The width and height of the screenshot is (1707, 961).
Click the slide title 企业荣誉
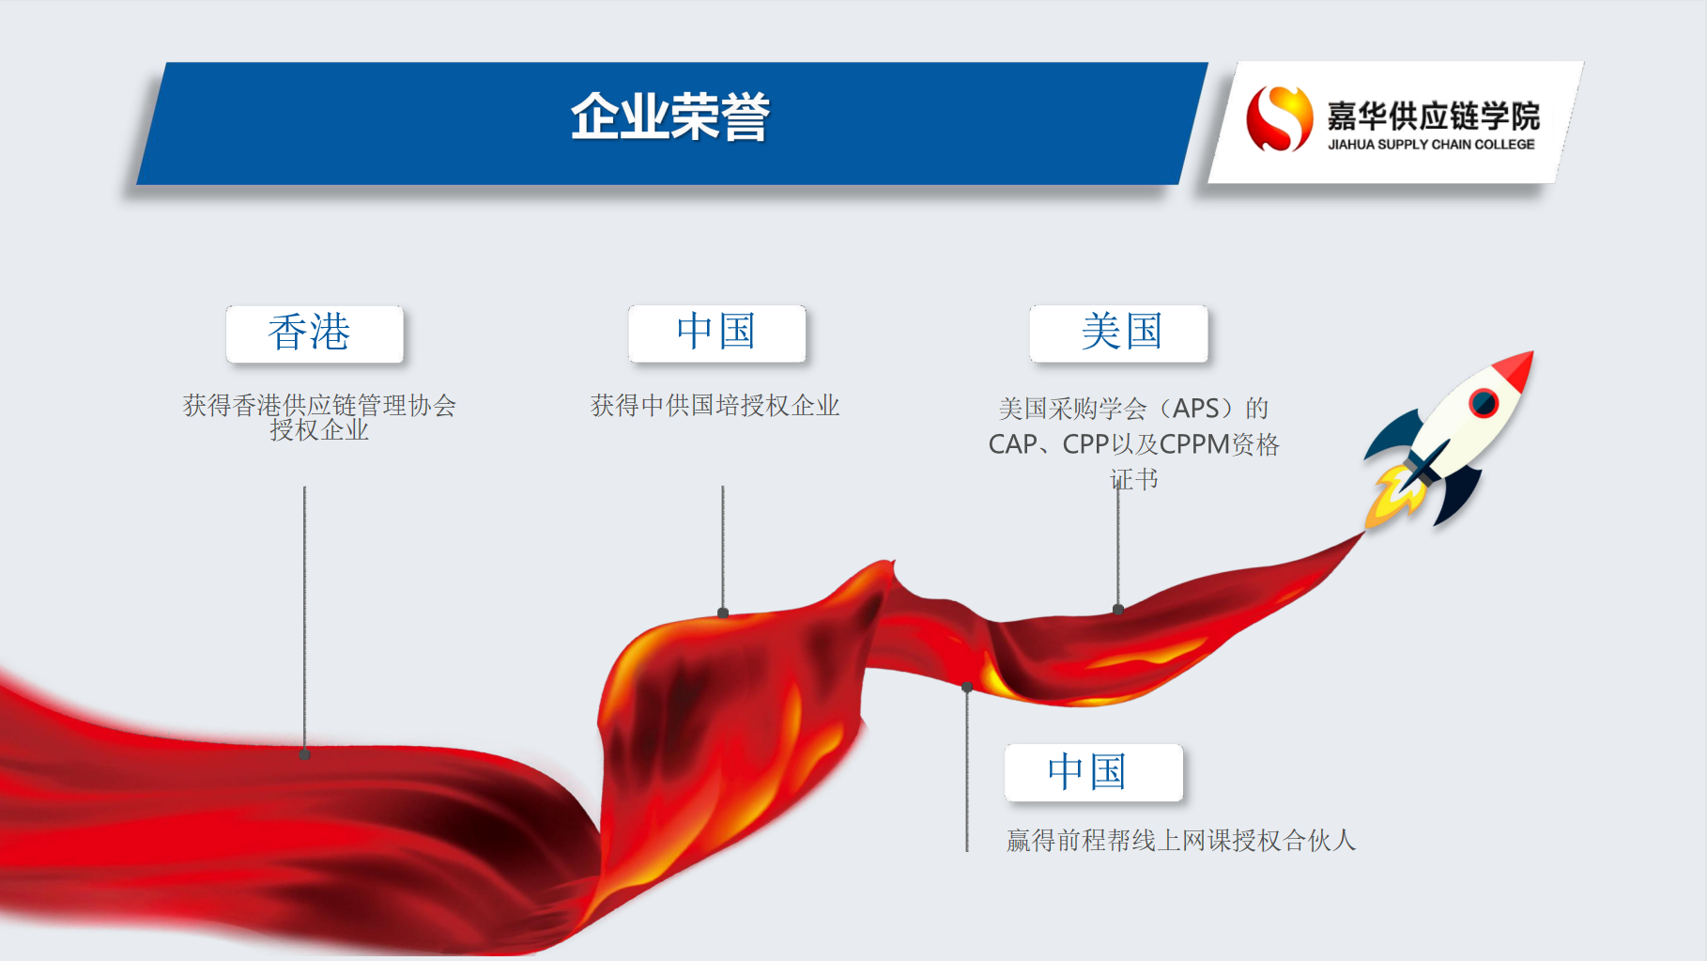click(670, 117)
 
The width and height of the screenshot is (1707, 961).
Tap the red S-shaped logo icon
click(1279, 118)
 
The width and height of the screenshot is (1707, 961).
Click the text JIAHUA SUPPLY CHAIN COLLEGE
click(1431, 145)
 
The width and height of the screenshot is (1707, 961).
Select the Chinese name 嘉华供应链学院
click(1433, 116)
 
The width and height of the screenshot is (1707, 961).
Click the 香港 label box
click(315, 333)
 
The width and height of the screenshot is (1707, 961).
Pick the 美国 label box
click(1118, 333)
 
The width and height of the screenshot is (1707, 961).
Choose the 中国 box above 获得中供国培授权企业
click(717, 333)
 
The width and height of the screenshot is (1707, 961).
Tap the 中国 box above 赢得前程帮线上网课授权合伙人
click(1093, 772)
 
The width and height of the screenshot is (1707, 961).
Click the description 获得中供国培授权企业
click(715, 406)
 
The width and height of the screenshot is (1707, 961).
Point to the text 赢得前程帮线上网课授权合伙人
click(1181, 840)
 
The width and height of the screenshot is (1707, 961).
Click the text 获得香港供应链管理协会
click(319, 405)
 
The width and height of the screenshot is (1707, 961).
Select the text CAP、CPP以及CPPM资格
click(1133, 444)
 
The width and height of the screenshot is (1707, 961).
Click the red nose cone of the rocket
click(1514, 372)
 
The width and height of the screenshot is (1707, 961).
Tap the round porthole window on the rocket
click(1484, 403)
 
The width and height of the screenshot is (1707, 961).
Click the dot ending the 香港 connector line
click(304, 754)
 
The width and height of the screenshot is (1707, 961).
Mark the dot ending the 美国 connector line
click(1118, 610)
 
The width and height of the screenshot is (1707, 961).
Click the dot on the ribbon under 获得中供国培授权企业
click(723, 612)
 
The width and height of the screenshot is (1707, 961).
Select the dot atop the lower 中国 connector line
click(967, 687)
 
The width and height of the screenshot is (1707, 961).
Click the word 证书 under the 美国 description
click(1134, 479)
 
